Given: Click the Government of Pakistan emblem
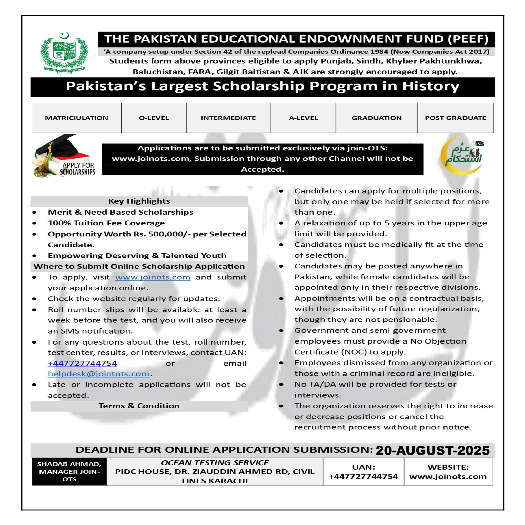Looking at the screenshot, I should point(64,53).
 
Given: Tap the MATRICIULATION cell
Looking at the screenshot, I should point(76,118).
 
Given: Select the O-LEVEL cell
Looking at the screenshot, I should point(154,118).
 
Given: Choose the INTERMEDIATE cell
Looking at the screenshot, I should point(228,118).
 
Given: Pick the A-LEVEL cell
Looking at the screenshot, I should point(303,118).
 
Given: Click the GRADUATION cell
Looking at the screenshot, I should point(376,118).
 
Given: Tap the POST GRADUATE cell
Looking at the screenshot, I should point(456,118).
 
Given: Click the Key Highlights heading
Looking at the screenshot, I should point(139,201).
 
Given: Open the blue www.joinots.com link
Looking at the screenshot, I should point(153,277).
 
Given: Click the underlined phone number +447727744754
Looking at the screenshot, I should point(82,363).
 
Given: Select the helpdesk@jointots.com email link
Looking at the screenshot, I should point(99,374).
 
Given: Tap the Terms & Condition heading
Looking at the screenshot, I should point(139,406).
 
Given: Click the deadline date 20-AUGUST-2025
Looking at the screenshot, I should point(433,451).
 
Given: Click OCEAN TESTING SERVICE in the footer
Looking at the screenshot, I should point(215,463).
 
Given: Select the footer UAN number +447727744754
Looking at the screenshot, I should point(363,476).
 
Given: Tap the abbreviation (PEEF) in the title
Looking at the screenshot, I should point(468,39).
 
